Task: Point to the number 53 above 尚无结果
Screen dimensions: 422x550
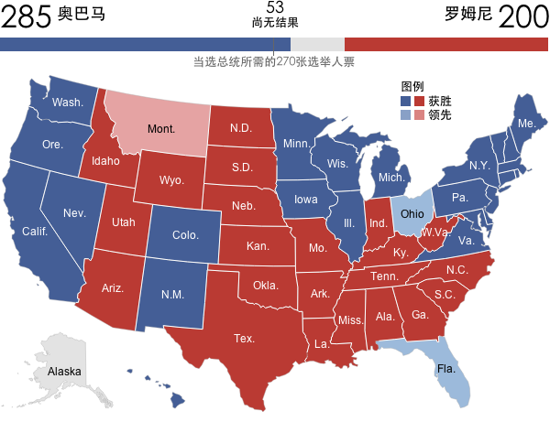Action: [275, 7]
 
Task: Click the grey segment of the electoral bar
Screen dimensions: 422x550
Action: [317, 44]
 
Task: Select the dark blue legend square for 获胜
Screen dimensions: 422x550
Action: [406, 101]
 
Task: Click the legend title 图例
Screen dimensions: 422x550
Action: [412, 86]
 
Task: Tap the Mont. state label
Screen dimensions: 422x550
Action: [161, 128]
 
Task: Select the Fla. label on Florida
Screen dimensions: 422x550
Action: [446, 369]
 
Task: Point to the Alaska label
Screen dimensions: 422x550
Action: [64, 372]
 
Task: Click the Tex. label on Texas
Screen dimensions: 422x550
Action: [244, 338]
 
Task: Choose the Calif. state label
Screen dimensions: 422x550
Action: [35, 231]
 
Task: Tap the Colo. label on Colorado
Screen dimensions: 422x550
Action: [186, 235]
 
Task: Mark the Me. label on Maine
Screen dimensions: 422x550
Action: [526, 123]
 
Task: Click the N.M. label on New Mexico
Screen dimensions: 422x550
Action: [173, 294]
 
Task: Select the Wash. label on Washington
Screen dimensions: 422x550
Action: [67, 102]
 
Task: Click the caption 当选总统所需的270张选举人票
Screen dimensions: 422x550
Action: [274, 62]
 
